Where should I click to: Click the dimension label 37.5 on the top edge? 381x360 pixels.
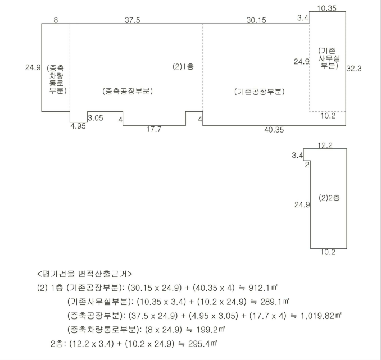(133, 20)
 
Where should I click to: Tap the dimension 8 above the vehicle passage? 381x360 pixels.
(56, 20)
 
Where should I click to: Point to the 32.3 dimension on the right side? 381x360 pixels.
(354, 67)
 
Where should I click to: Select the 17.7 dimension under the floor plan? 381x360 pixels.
(153, 130)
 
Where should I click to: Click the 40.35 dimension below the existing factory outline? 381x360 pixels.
(274, 130)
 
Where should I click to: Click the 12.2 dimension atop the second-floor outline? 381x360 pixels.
(325, 145)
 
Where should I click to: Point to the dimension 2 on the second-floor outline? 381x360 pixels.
(307, 165)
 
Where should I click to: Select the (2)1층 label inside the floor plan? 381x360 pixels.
(182, 66)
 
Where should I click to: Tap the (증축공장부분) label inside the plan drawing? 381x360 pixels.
(128, 91)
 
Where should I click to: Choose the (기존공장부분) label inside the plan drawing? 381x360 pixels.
(259, 92)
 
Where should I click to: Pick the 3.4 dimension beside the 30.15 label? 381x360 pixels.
(303, 19)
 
